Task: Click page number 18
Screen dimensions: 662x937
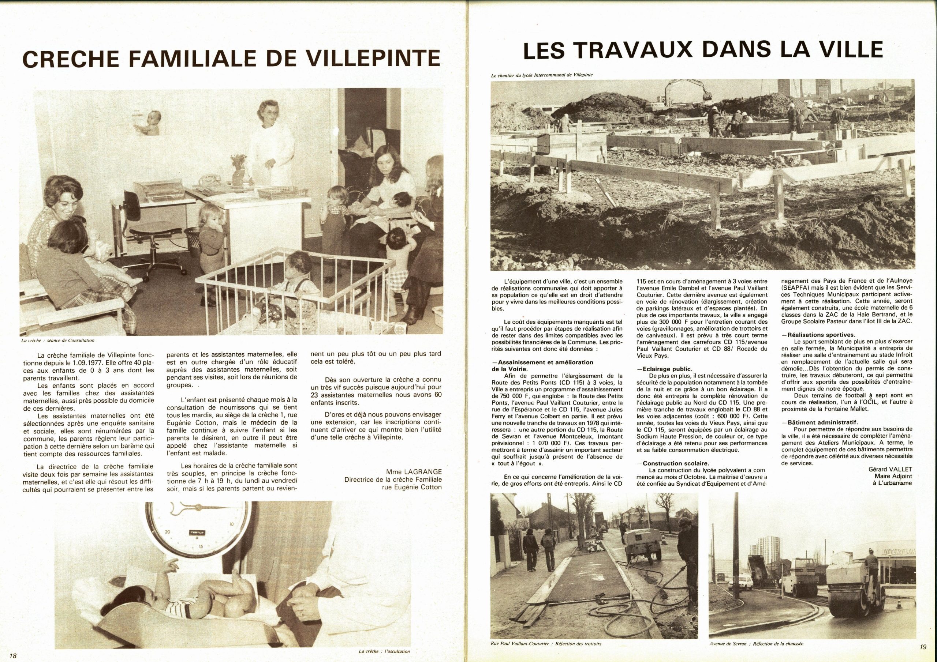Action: [13, 655]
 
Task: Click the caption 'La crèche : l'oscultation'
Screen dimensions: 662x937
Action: [384, 651]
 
